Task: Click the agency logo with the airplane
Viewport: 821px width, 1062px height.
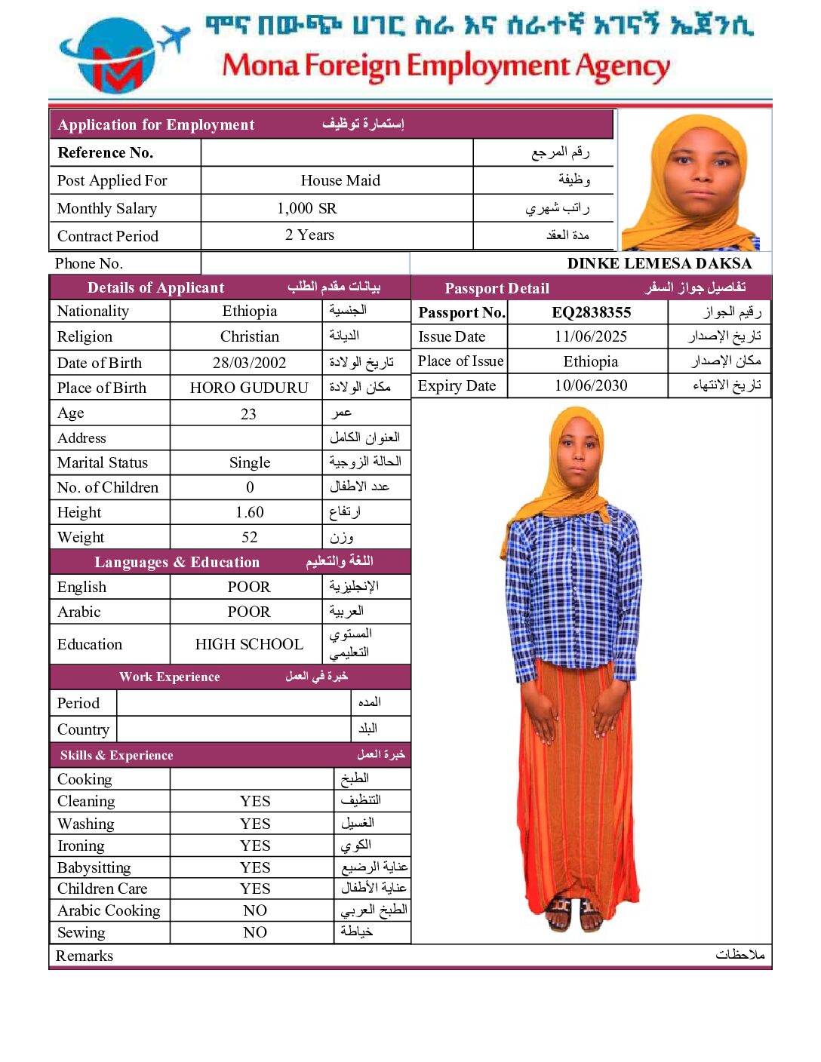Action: (x=121, y=57)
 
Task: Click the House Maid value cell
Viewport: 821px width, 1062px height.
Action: (x=340, y=180)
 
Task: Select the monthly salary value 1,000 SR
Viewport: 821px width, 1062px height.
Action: (x=306, y=208)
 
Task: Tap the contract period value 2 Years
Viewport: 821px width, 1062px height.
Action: (x=309, y=235)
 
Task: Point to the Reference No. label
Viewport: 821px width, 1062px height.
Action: (x=106, y=152)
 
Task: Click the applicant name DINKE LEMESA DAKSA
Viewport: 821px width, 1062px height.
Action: (x=659, y=263)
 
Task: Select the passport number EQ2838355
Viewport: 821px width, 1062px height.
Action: (x=591, y=312)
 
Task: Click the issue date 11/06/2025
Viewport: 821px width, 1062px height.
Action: (x=590, y=336)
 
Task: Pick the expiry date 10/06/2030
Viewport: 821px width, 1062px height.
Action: (x=591, y=385)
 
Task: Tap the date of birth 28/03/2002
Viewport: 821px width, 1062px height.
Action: (x=249, y=363)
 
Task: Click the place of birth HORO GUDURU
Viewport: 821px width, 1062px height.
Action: (x=249, y=388)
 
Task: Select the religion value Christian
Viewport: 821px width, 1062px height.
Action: (x=249, y=336)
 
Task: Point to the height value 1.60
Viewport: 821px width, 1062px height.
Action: (x=249, y=512)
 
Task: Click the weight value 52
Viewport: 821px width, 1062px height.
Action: (x=249, y=537)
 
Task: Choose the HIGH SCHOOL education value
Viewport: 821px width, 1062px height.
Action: (x=249, y=644)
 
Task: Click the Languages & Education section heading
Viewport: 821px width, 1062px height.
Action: (x=177, y=562)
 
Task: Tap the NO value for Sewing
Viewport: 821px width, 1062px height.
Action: (x=255, y=932)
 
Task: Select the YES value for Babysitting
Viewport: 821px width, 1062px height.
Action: (x=255, y=867)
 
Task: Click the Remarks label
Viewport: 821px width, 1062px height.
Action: (x=85, y=956)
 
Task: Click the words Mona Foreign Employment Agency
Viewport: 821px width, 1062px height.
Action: (x=445, y=66)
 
